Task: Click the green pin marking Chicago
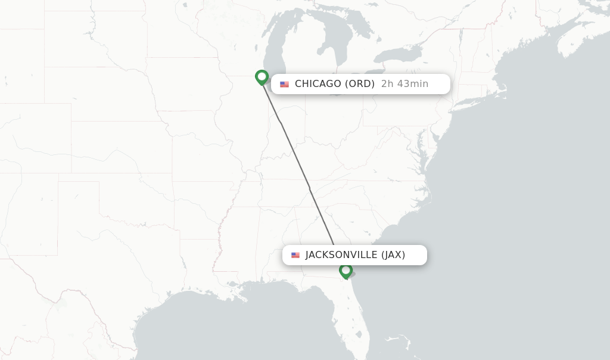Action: [x=262, y=77]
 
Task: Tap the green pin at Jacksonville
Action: [x=346, y=271]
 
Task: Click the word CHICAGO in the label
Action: [x=318, y=84]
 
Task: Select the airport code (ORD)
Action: [x=360, y=84]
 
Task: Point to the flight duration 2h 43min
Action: [x=404, y=84]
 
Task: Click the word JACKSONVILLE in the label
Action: [x=341, y=255]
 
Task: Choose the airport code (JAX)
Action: [x=393, y=255]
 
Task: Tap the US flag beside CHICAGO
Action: [x=285, y=84]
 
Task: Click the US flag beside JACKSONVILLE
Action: [x=295, y=255]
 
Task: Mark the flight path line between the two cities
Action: [x=298, y=161]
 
